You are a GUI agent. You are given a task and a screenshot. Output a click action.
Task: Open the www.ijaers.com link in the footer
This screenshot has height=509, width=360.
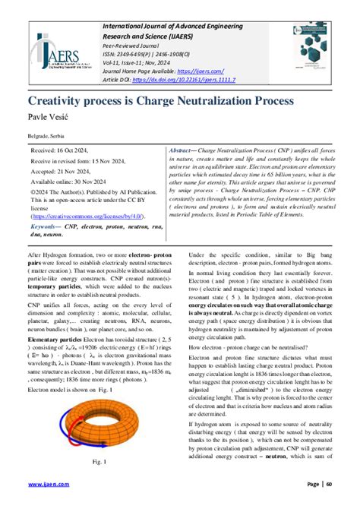pyautogui.click(x=46, y=484)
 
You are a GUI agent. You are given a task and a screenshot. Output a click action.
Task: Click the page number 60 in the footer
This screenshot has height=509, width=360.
pyautogui.click(x=329, y=484)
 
